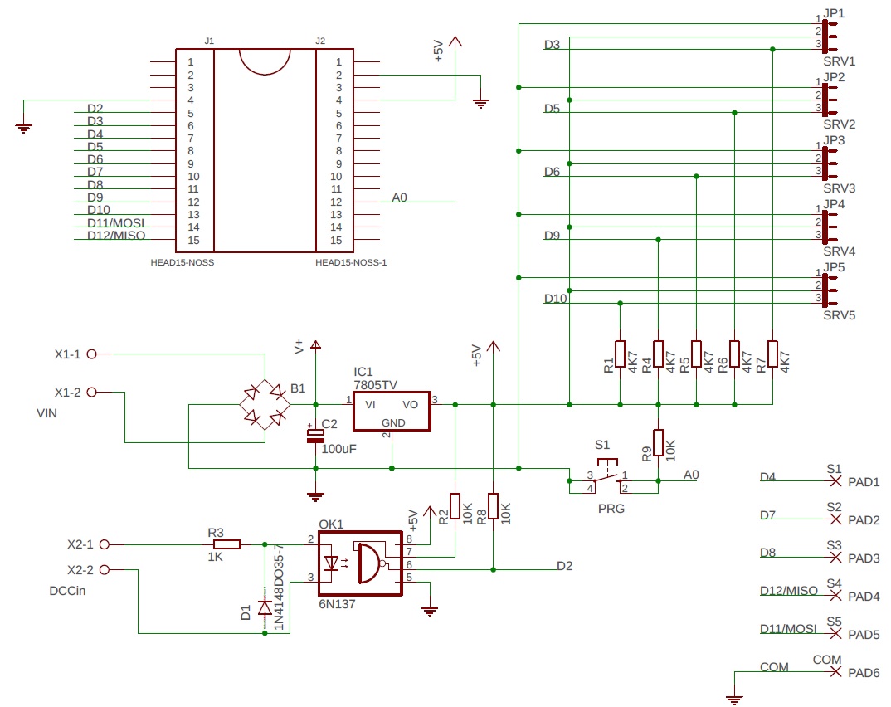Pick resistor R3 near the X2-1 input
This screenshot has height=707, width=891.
(224, 544)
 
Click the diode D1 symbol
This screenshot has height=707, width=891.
(265, 608)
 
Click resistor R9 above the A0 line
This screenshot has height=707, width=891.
(658, 442)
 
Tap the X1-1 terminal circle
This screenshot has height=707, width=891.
(92, 354)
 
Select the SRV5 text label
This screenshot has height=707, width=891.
(839, 316)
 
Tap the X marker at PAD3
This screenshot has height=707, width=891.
(835, 558)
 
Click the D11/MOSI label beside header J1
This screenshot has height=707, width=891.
(115, 223)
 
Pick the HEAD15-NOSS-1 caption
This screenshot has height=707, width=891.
(351, 262)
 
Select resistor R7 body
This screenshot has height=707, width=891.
(773, 353)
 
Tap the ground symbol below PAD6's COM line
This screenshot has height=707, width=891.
(733, 700)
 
